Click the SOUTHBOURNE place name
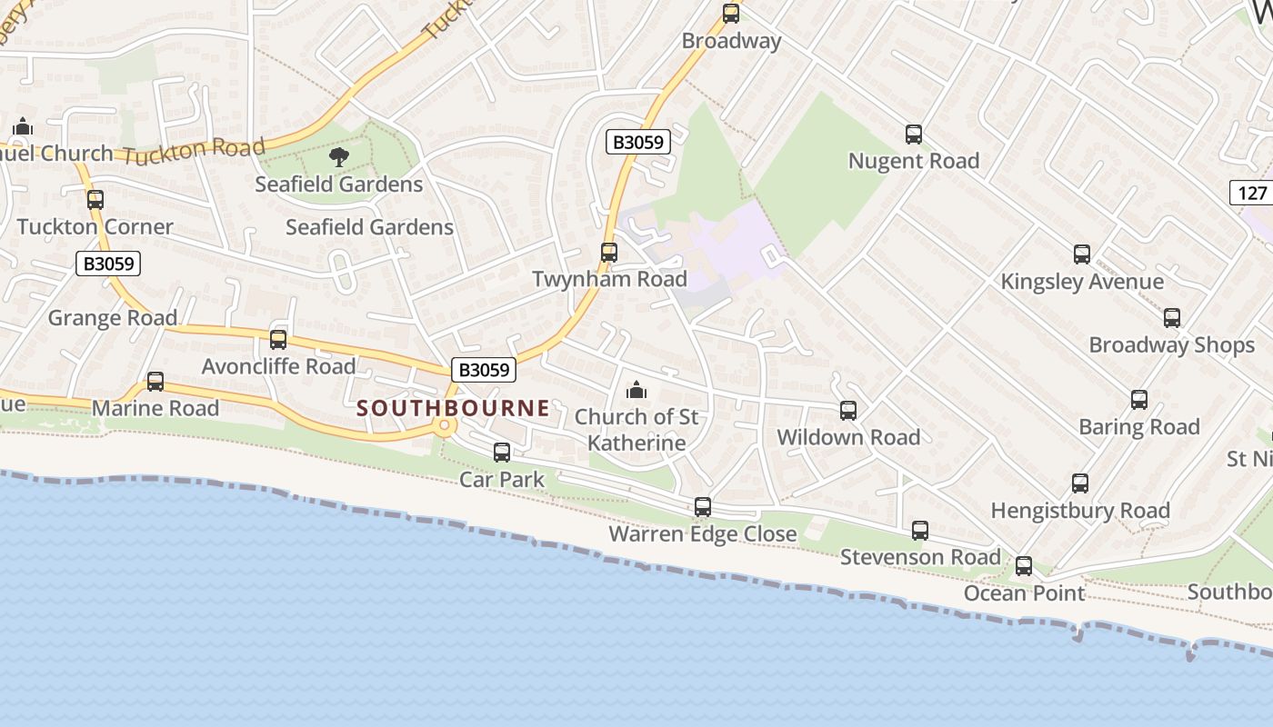pos(453,408)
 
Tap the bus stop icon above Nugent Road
pos(914,134)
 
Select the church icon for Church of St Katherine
pos(636,391)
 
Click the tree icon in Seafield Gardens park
pos(339,157)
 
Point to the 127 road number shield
pos(1252,193)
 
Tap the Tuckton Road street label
pos(194,151)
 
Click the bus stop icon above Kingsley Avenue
pos(1081,254)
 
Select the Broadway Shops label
pos(1171,345)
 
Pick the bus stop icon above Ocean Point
pos(1024,566)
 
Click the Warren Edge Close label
pos(703,533)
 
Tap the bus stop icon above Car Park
pos(501,452)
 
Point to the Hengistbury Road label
pos(1080,511)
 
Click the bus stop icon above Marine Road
pos(155,382)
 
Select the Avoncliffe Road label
pos(278,366)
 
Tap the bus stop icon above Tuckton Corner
pos(95,200)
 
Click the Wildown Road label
pos(848,437)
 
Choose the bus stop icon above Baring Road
pos(1138,400)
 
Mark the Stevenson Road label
pos(920,556)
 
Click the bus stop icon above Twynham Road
pos(609,253)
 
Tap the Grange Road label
pos(113,318)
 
